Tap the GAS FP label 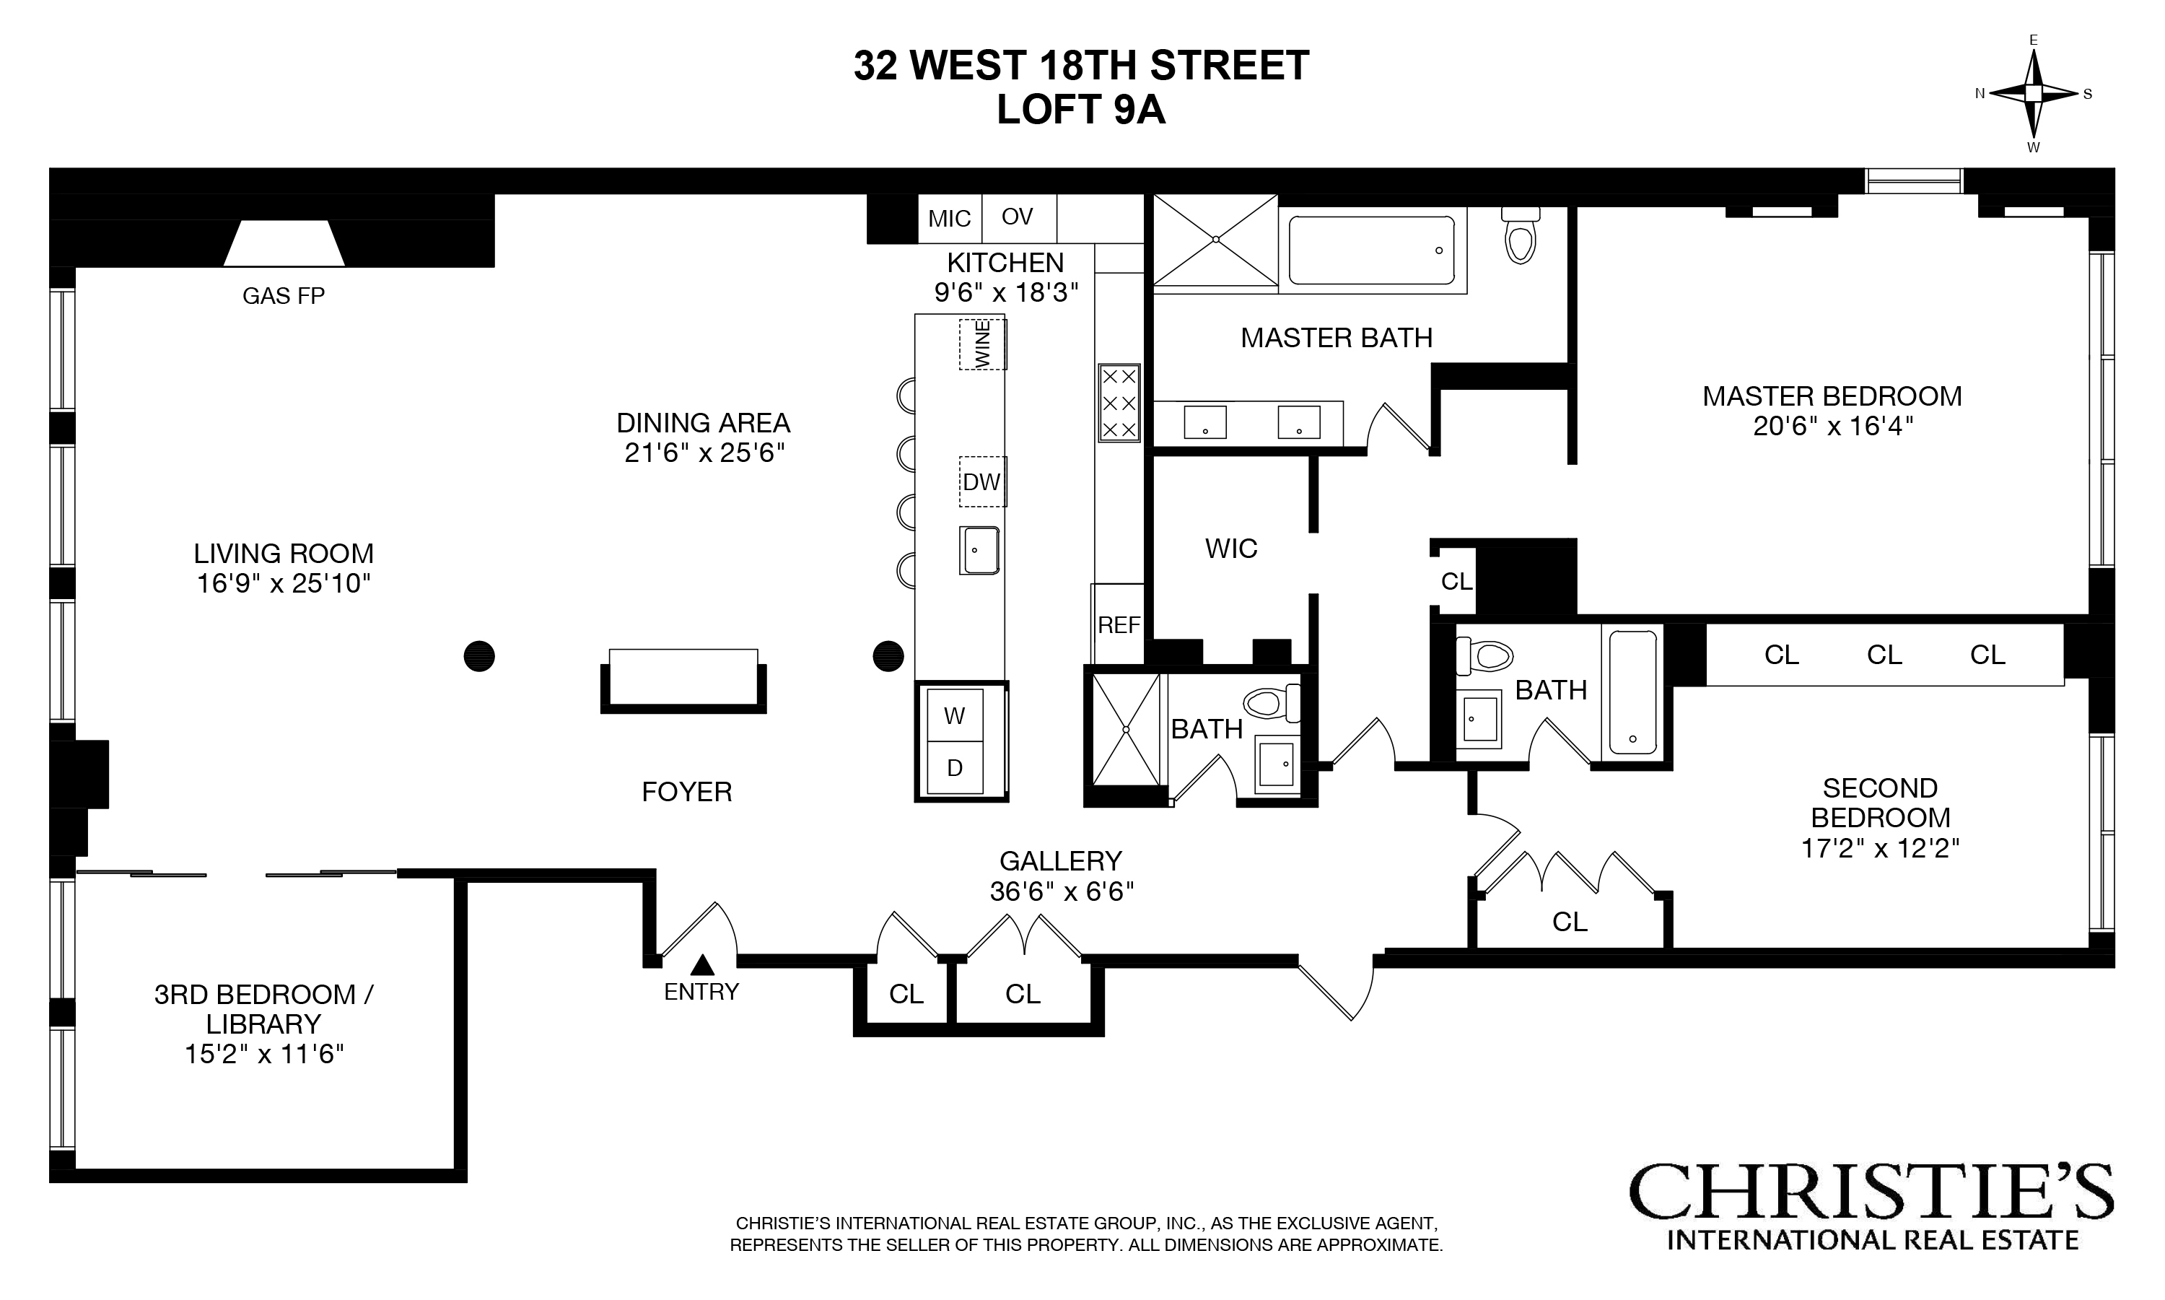click(x=283, y=296)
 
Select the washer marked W click(x=955, y=716)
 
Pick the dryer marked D click(x=955, y=768)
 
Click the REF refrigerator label click(x=1119, y=624)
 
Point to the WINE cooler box click(x=981, y=344)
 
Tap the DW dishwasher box click(x=981, y=481)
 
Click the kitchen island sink click(x=979, y=550)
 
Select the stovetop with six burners click(x=1119, y=403)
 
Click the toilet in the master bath click(x=1521, y=237)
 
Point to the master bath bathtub click(x=1371, y=250)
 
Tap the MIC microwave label click(x=950, y=219)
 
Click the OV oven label click(x=1017, y=217)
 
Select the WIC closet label click(x=1230, y=549)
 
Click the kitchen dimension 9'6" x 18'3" click(x=1005, y=292)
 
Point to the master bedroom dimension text click(x=1832, y=427)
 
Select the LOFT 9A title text click(x=1081, y=110)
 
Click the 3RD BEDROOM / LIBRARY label click(x=263, y=1009)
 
